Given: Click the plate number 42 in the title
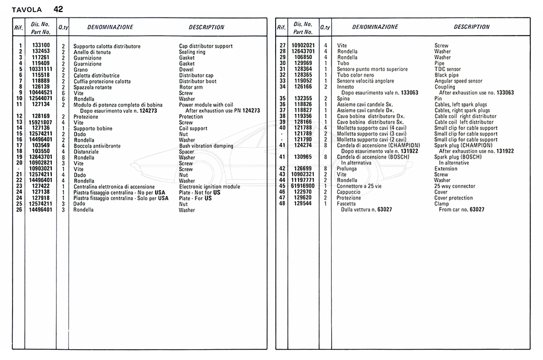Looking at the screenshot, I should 57,9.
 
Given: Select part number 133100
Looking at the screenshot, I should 40,46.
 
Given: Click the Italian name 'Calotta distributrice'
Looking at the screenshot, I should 96,75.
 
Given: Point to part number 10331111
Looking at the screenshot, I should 40,69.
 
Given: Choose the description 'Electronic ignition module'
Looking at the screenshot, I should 209,186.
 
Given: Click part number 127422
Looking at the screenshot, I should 40,186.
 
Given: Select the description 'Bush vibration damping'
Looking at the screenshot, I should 206,145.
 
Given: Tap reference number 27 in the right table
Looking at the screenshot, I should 282,46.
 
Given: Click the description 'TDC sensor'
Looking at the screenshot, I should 448,69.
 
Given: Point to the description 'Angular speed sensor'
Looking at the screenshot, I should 459,81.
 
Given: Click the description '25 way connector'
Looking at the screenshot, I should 454,186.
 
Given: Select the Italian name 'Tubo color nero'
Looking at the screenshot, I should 357,75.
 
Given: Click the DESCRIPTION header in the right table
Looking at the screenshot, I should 472,27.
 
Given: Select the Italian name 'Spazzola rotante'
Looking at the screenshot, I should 94,87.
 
